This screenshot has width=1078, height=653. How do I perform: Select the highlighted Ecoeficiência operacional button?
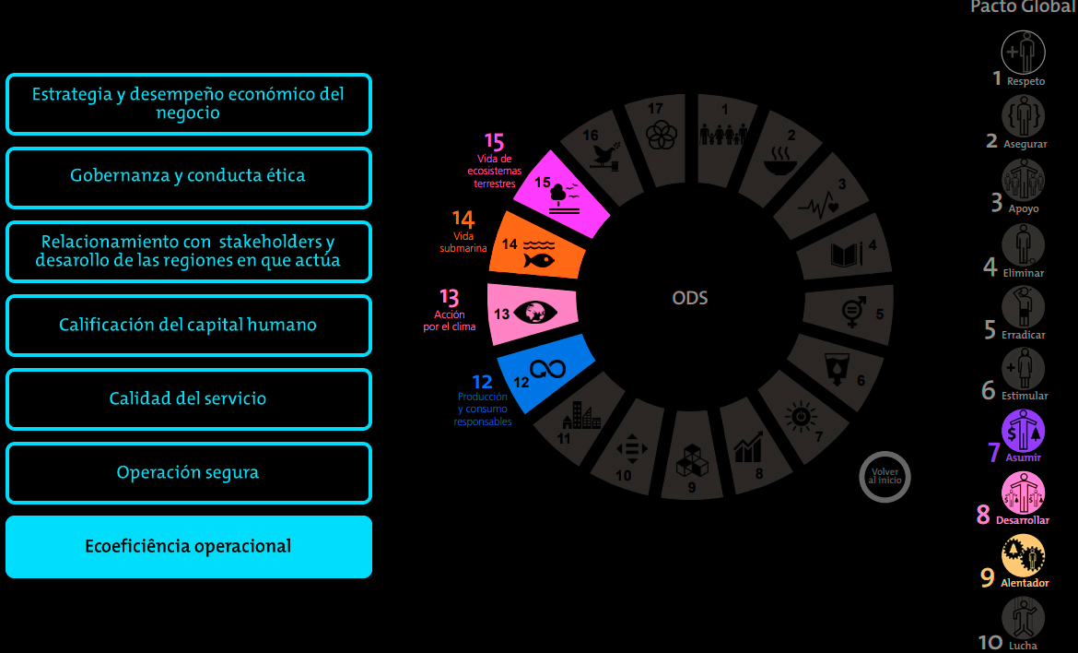[x=188, y=547]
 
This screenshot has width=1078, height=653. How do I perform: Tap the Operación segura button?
[x=188, y=473]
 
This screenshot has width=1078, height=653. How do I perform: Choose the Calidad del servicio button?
[x=188, y=399]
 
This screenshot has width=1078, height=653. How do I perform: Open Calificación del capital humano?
[x=188, y=326]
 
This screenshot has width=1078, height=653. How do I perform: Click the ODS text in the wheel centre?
[x=690, y=298]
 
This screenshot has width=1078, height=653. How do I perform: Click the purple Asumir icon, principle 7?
[x=1023, y=430]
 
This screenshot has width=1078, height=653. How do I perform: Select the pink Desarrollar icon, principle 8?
[x=1023, y=493]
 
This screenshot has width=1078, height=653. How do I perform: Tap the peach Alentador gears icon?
[x=1023, y=556]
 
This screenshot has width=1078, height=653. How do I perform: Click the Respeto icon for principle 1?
[x=1023, y=52]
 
